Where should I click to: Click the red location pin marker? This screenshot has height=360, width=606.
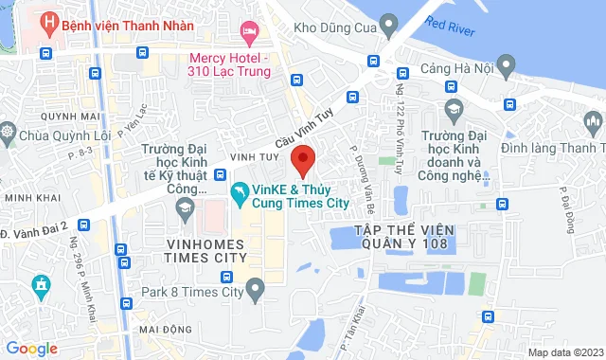(x=302, y=159)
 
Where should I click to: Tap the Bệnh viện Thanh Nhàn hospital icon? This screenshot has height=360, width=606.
(x=46, y=20)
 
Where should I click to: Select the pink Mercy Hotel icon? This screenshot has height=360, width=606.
(x=249, y=33)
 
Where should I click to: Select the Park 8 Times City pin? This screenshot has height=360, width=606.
(x=254, y=287)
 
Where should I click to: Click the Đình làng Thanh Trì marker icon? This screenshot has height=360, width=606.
(x=593, y=120)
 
